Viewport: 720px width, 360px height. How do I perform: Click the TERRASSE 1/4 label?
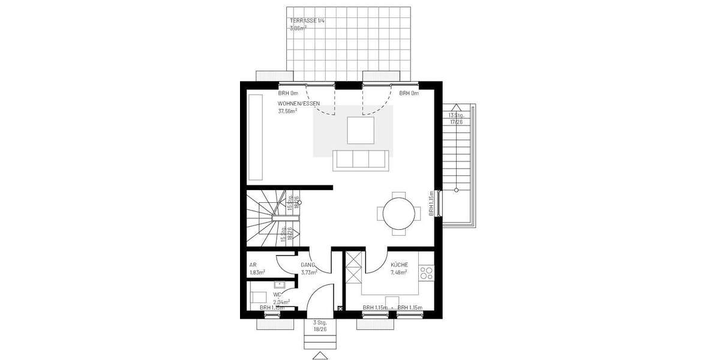[307, 21]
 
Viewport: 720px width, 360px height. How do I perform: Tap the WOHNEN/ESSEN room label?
[299, 103]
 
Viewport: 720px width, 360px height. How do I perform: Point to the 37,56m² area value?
[288, 111]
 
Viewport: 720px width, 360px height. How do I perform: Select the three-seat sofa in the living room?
[360, 160]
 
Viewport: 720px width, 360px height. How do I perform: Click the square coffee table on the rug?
[360, 130]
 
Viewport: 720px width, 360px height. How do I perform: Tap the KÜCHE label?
[399, 265]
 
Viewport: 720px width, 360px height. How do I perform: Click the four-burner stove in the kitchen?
[427, 274]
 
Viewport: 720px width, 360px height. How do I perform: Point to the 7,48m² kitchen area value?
[399, 272]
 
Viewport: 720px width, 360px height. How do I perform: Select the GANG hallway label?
[308, 265]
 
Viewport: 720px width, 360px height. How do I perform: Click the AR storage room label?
[253, 265]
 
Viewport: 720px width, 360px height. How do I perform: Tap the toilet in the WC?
[259, 296]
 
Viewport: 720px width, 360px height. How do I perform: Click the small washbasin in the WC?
[280, 284]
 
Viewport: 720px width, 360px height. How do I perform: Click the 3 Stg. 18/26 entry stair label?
[320, 326]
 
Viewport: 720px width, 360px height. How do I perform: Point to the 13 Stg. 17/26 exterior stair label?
[457, 118]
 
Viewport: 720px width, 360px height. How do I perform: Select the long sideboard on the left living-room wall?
[255, 137]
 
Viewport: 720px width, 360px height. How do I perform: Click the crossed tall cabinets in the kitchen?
[352, 268]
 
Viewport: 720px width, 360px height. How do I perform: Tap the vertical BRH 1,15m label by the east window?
[431, 204]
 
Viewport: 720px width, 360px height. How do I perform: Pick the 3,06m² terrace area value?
[298, 28]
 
